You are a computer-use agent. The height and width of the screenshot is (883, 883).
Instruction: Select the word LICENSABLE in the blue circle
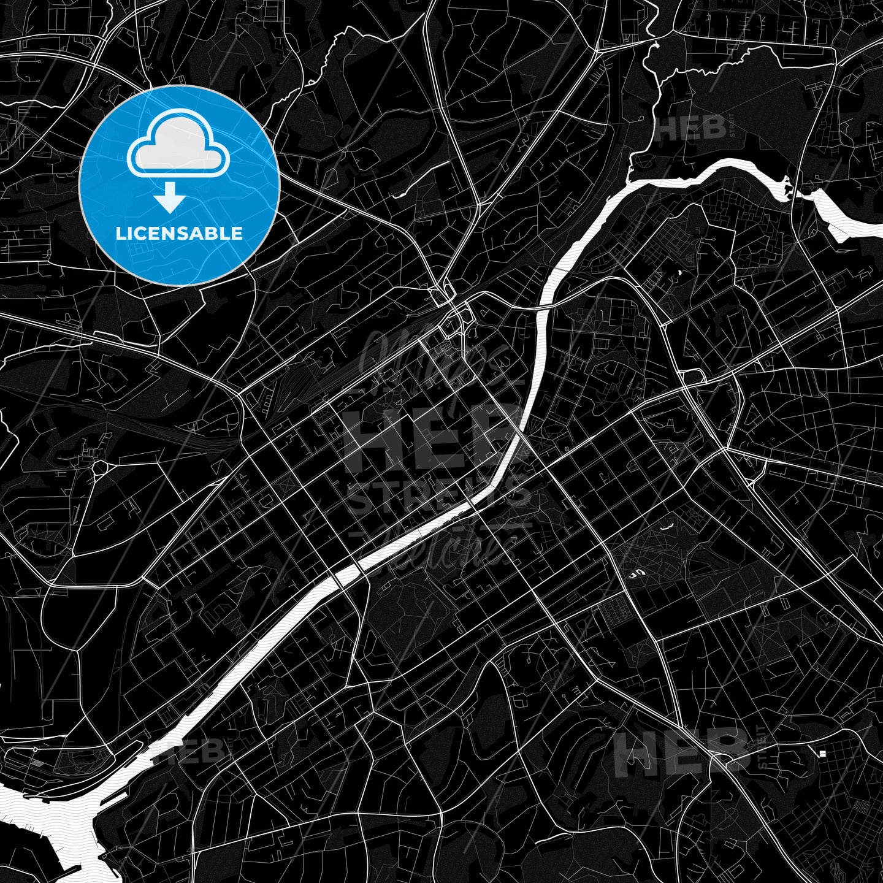click(x=179, y=234)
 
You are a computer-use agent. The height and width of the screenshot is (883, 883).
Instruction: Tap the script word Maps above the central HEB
click(x=429, y=362)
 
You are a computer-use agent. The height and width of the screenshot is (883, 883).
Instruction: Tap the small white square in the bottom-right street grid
click(x=822, y=754)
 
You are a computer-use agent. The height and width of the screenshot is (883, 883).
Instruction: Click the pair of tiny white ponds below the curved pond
click(x=638, y=573)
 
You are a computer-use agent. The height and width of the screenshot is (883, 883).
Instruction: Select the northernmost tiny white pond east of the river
click(x=678, y=273)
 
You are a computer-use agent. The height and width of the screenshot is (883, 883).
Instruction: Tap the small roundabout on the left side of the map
click(x=99, y=469)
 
